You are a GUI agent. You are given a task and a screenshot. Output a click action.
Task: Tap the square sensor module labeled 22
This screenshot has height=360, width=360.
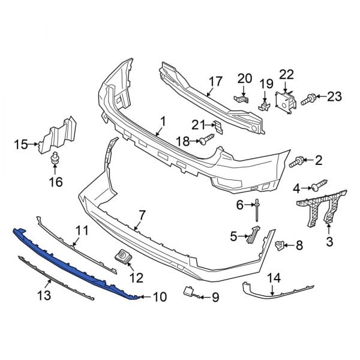(284, 100)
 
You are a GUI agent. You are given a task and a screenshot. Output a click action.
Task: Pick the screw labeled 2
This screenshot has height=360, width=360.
(296, 161)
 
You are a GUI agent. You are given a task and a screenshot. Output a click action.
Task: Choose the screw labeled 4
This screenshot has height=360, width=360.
(317, 187)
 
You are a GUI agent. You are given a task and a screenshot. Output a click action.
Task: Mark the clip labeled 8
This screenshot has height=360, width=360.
(279, 245)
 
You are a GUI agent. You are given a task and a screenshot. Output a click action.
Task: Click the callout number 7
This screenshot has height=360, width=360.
(142, 214)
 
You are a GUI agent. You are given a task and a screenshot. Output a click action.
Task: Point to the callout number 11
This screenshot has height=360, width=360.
(82, 230)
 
